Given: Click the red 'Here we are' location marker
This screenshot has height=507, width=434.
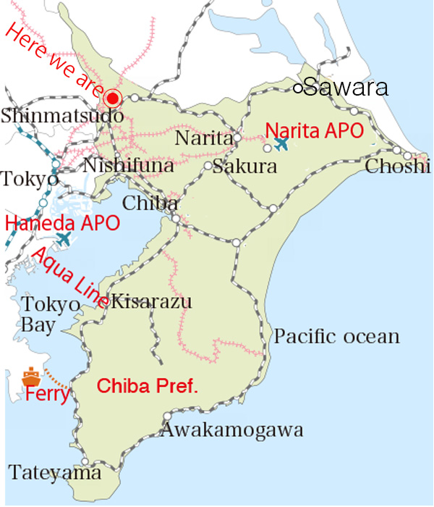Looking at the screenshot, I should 112,99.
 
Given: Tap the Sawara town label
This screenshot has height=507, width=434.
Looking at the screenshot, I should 346,88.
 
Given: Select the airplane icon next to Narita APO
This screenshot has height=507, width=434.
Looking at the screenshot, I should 281,143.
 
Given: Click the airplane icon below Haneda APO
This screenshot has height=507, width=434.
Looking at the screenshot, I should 64,238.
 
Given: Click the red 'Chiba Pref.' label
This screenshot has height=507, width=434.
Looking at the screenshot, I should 147,385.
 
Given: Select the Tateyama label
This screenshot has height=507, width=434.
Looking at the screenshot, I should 54,473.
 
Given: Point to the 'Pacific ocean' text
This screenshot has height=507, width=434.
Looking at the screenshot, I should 336,336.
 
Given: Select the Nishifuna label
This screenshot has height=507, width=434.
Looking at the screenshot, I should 128,166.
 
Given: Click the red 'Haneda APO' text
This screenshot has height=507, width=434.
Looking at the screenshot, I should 62,222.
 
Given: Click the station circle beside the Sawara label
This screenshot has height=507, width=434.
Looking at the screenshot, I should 297,88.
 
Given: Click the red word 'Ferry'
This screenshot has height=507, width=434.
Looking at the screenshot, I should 47,395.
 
